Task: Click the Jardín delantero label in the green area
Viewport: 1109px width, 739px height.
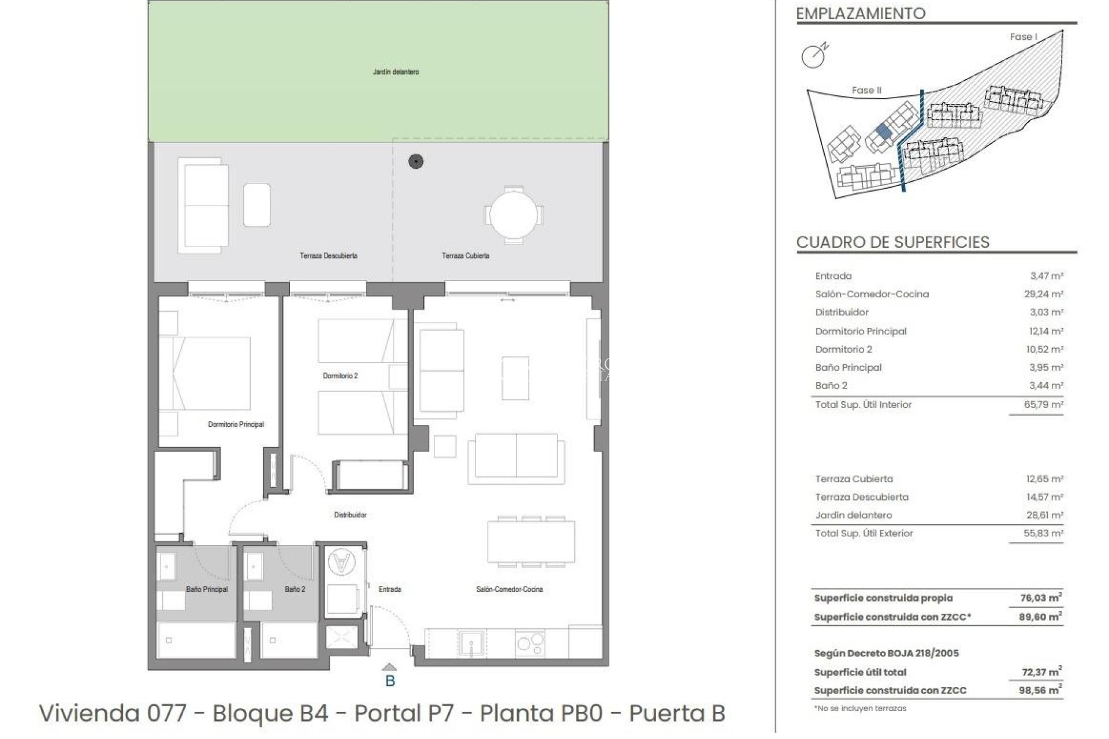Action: [x=396, y=72]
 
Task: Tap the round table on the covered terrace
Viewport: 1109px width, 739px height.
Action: [x=513, y=214]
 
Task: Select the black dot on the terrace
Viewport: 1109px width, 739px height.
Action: [x=416, y=162]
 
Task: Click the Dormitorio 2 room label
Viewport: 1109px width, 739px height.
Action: [x=340, y=376]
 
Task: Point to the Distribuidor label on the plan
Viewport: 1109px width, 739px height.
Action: [x=350, y=514]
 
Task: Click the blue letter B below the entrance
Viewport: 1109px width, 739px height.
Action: [x=390, y=681]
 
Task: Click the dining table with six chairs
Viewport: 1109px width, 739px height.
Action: [x=531, y=542]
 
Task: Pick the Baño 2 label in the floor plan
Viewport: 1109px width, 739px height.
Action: [x=295, y=589]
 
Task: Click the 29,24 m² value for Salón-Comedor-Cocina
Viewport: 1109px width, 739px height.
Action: [x=1043, y=294]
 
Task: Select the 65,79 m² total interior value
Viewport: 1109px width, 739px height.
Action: [x=1043, y=405]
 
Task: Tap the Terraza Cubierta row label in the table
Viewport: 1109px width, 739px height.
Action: [x=854, y=479]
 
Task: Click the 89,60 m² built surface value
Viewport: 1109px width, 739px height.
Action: [x=1040, y=617]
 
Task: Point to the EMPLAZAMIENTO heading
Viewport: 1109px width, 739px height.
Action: [x=861, y=13]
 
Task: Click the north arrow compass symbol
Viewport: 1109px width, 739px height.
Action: [x=813, y=56]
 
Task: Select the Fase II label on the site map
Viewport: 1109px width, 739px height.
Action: [x=866, y=90]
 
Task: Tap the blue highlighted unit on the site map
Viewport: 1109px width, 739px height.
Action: [x=883, y=132]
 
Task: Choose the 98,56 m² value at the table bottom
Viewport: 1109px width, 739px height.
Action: [x=1040, y=690]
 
